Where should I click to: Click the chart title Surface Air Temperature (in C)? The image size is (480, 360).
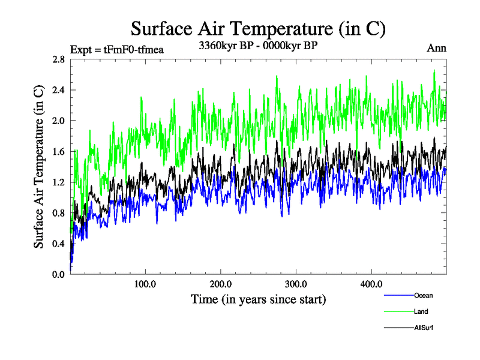coord(257,28)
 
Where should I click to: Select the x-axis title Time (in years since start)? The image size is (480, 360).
coord(259,299)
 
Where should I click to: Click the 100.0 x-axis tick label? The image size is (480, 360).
coord(145,284)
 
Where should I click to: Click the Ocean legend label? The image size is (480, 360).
coord(423,295)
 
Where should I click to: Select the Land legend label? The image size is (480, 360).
coord(421,311)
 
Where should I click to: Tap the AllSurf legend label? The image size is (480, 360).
coord(424,328)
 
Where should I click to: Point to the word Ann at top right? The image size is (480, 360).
coord(436,48)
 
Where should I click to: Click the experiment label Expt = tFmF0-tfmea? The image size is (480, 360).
coord(117,49)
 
